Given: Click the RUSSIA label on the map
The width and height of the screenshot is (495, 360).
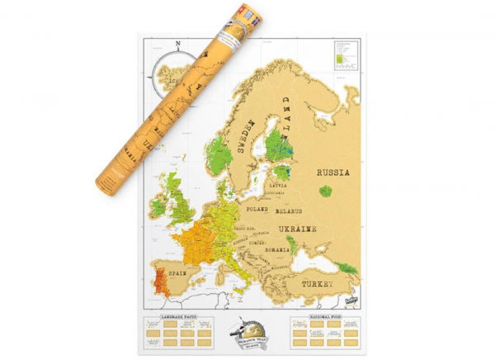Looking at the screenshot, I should (x=332, y=173).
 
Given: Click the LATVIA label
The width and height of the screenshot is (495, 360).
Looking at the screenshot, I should (x=279, y=186).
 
